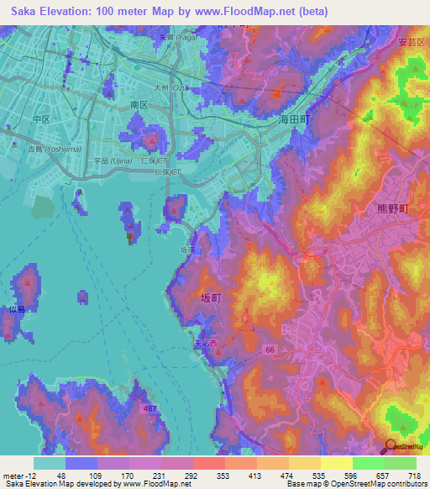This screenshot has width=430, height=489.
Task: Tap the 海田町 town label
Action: point(294,121)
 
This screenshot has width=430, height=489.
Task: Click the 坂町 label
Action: point(211,298)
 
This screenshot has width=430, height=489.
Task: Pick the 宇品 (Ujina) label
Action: point(109,160)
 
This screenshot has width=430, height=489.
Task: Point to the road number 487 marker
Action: point(148,408)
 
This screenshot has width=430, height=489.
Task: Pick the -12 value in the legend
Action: point(29,475)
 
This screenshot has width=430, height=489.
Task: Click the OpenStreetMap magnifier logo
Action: point(389,447)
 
